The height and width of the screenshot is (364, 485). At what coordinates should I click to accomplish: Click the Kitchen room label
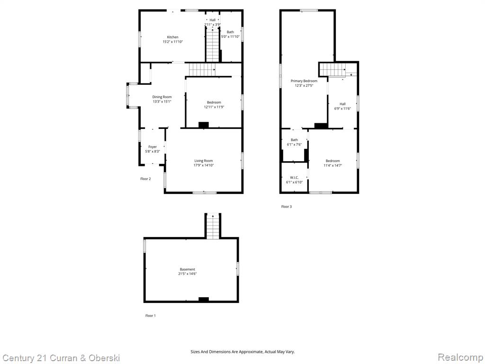click(172, 37)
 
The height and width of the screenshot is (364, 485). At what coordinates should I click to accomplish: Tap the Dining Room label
click(162, 97)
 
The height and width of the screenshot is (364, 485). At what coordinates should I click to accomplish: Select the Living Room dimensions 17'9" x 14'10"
click(204, 165)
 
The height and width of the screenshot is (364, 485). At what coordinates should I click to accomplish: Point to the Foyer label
click(153, 147)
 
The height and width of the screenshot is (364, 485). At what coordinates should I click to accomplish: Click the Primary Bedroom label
click(304, 81)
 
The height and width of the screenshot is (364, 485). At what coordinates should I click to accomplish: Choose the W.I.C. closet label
click(294, 178)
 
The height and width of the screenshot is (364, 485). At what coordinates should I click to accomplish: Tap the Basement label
click(188, 270)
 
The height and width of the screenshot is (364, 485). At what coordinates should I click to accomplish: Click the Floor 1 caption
click(150, 316)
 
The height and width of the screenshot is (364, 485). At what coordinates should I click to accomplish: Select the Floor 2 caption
click(145, 179)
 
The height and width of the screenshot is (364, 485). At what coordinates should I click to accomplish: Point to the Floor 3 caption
click(286, 207)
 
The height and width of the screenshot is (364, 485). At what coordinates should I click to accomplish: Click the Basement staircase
click(213, 226)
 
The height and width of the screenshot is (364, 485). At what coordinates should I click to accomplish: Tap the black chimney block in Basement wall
click(204, 300)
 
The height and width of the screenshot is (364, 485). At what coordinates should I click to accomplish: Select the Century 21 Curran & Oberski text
click(61, 358)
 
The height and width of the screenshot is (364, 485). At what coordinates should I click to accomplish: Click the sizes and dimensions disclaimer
click(242, 352)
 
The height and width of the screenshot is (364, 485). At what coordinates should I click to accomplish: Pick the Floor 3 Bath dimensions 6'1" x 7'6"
click(294, 145)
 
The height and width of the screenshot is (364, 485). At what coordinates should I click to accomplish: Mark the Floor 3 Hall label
click(342, 104)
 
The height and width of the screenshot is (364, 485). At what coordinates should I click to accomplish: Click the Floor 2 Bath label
click(230, 32)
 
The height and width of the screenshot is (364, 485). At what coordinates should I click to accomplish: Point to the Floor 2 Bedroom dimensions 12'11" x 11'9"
click(214, 107)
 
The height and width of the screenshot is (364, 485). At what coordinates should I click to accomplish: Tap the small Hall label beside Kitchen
click(212, 20)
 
